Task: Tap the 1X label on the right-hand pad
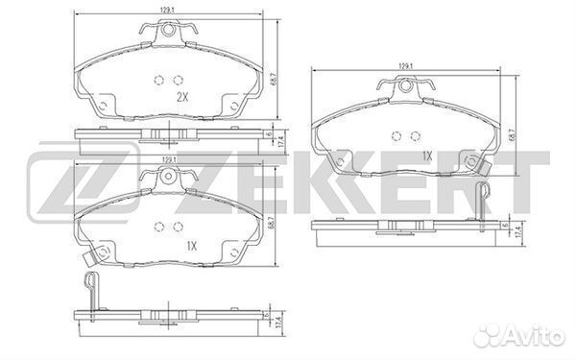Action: (x=428, y=154)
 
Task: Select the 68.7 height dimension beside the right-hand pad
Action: (x=523, y=136)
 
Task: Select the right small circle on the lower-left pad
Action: (x=179, y=228)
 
